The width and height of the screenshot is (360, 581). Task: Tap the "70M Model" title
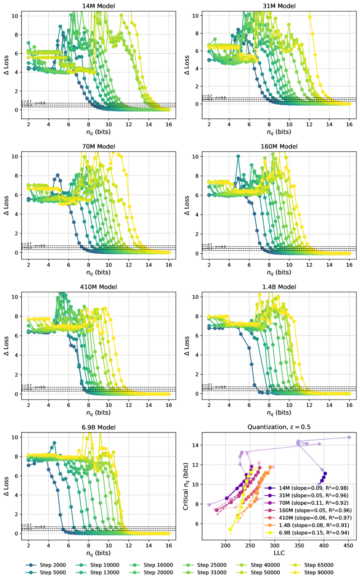point(98,146)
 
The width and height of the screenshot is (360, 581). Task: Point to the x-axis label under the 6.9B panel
point(98,553)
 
